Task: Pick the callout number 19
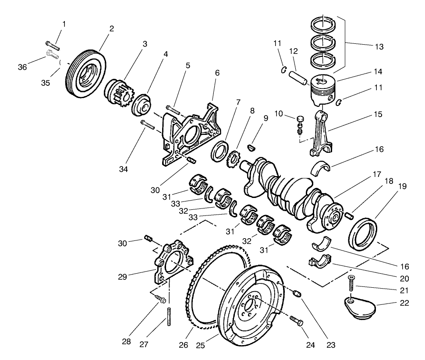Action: pyautogui.click(x=403, y=186)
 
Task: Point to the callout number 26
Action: pyautogui.click(x=183, y=345)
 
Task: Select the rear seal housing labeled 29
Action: pyautogui.click(x=171, y=263)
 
